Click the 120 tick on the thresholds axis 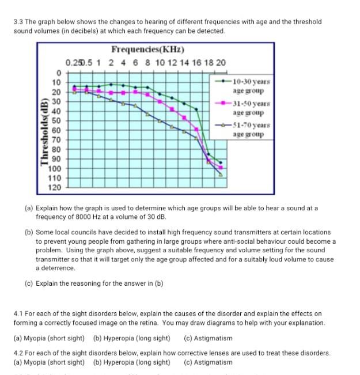pos(54,188)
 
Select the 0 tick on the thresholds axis pos(58,73)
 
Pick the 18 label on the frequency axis pos(209,62)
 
